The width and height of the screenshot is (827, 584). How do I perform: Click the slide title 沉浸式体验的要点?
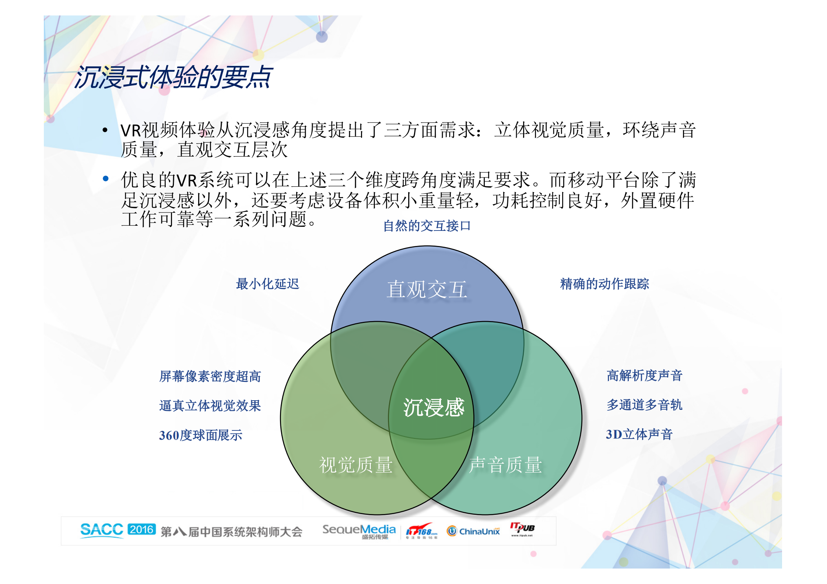click(173, 77)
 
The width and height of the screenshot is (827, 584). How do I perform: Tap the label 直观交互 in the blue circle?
click(427, 289)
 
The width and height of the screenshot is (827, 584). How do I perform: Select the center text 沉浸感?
click(434, 408)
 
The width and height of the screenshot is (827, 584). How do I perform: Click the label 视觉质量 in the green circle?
click(356, 465)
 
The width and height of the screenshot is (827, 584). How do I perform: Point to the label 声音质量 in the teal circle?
click(505, 465)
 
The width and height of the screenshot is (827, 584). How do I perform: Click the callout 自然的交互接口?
click(427, 226)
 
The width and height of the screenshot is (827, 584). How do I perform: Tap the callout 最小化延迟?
click(267, 284)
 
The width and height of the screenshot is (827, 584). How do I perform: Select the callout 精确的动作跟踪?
click(604, 284)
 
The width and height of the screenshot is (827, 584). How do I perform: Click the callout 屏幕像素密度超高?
click(210, 376)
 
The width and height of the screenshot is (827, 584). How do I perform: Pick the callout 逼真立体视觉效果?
click(210, 406)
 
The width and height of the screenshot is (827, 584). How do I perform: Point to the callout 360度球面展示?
click(200, 435)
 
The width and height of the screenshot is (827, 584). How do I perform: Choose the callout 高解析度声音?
click(644, 376)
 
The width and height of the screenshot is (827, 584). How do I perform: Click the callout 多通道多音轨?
click(644, 405)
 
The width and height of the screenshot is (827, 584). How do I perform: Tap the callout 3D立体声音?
click(639, 435)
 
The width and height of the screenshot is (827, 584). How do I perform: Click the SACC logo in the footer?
click(102, 530)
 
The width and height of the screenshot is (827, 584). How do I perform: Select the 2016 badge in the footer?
click(142, 530)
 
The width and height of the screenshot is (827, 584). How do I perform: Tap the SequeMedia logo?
click(359, 531)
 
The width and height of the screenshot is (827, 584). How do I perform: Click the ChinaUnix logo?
click(473, 531)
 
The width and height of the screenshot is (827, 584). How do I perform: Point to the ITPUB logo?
click(522, 529)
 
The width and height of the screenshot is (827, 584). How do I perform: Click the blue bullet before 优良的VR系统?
click(106, 179)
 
